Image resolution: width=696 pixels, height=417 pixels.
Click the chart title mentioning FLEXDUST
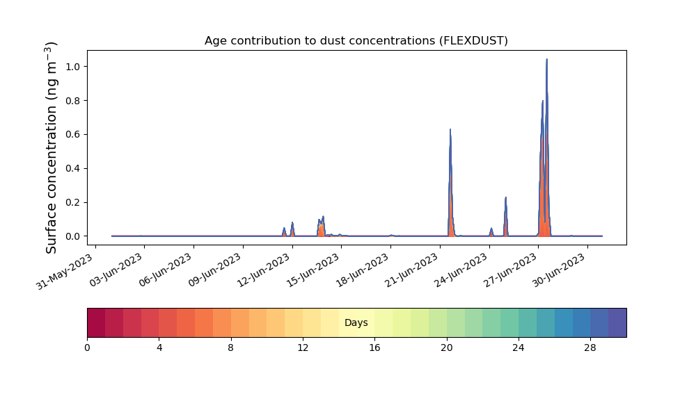coord(356,41)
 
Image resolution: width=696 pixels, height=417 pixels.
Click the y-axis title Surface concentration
coord(52,147)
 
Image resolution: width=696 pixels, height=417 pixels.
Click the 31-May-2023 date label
coord(65,272)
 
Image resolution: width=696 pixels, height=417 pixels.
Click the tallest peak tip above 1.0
coord(547,59)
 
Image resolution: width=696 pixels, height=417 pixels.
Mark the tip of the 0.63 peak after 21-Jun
coord(450,129)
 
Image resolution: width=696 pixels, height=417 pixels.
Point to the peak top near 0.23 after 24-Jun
coord(505,197)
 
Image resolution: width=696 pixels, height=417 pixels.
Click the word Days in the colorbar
coord(356,322)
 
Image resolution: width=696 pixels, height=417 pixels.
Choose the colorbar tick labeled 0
coord(87,348)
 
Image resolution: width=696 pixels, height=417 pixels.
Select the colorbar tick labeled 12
coord(303,348)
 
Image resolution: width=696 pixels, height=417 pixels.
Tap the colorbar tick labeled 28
coord(590,348)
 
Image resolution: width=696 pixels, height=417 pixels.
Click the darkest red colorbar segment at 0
coord(96,322)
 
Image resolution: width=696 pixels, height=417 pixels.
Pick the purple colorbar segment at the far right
coord(617,322)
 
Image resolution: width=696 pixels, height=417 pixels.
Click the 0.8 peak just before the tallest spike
coord(542,101)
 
